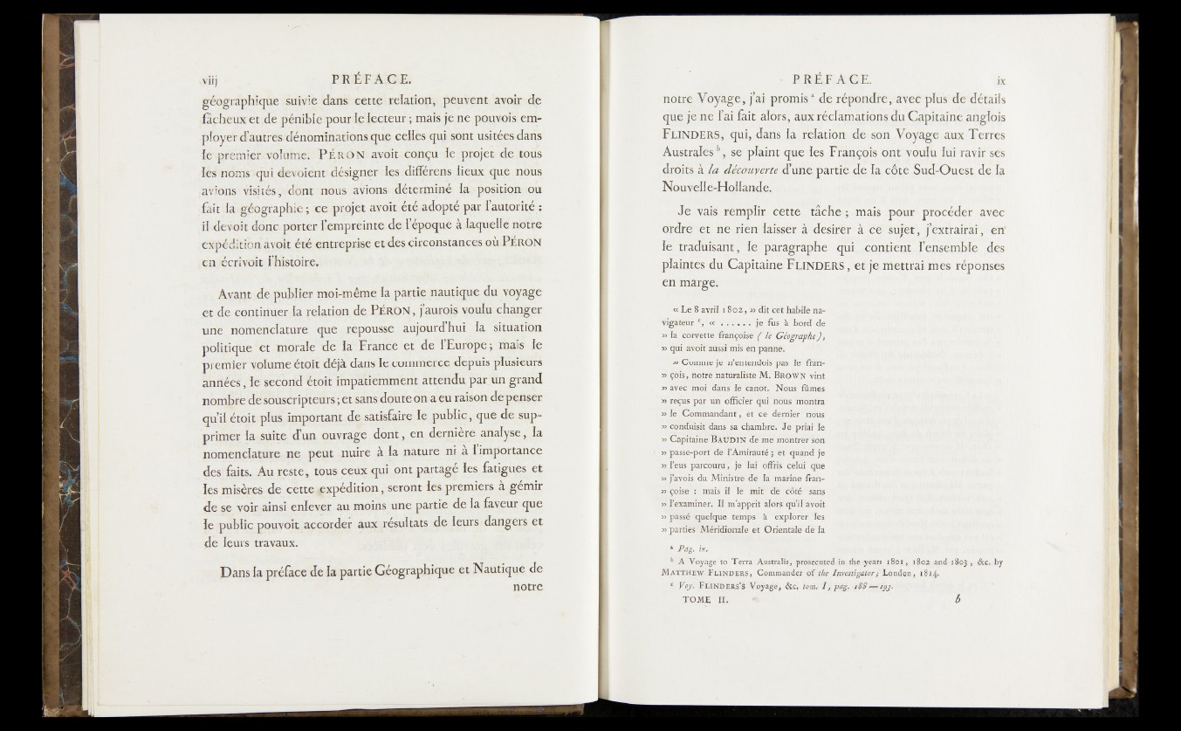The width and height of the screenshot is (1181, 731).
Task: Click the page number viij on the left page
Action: click(x=203, y=76)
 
